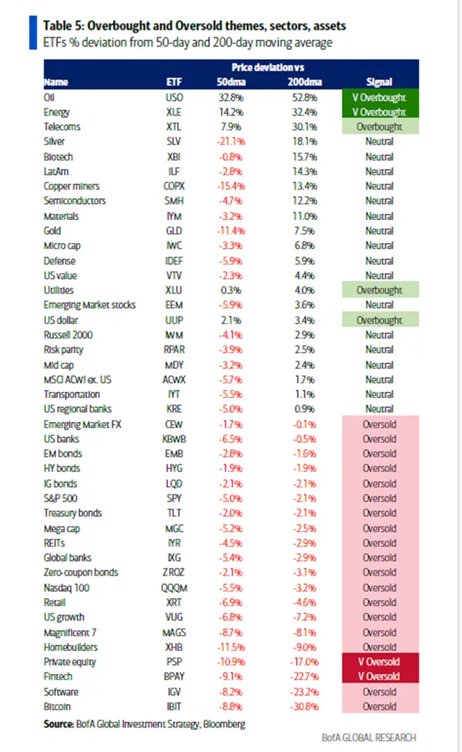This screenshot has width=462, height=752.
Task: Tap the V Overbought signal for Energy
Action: tap(379, 112)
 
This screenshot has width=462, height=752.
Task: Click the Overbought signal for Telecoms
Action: tap(379, 127)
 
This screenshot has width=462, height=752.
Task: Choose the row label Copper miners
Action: tap(71, 186)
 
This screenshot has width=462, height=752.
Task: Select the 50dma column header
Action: tap(233, 82)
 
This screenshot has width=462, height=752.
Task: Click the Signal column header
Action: tap(379, 82)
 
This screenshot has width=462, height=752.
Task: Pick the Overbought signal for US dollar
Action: tap(379, 320)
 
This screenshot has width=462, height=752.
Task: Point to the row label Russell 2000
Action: tap(68, 335)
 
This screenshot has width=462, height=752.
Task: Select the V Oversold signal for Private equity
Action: tap(379, 661)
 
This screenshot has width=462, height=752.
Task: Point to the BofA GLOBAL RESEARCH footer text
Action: tap(370, 737)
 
